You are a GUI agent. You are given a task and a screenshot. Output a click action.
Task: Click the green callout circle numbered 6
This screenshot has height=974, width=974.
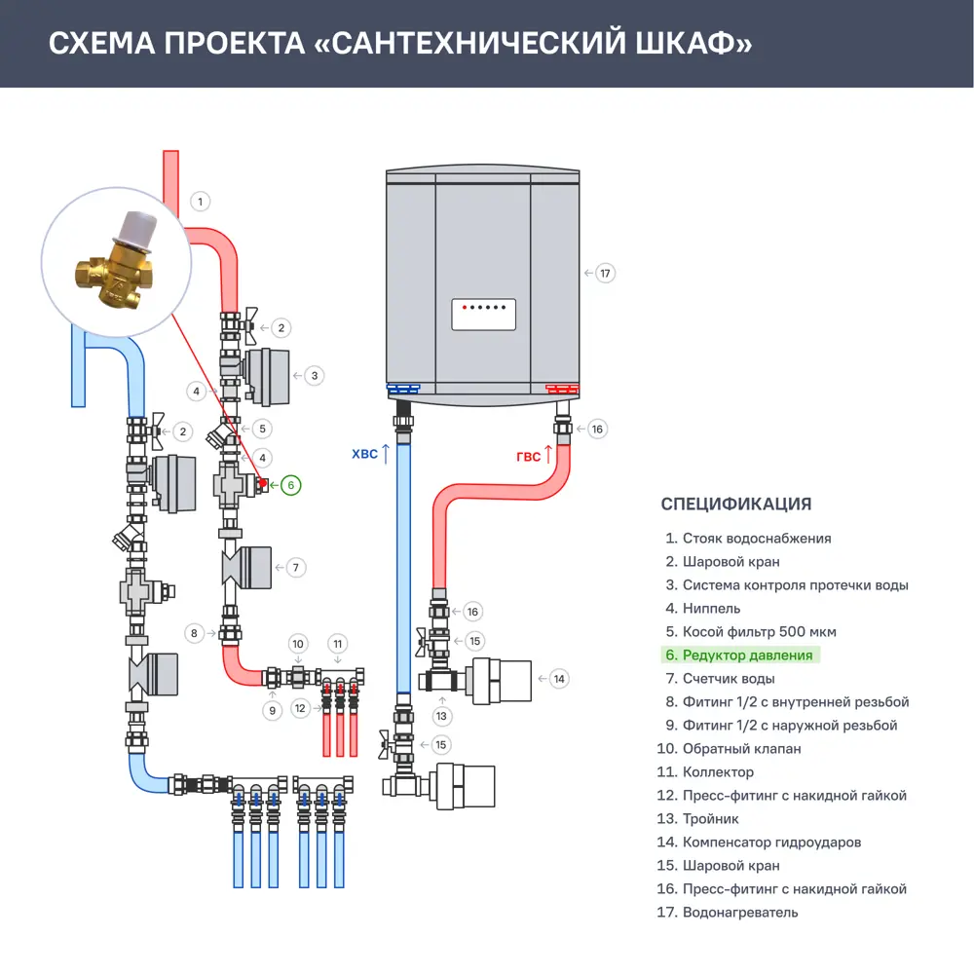pyautogui.click(x=291, y=484)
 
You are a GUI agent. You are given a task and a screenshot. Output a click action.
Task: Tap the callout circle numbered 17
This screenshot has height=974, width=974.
pyautogui.click(x=605, y=273)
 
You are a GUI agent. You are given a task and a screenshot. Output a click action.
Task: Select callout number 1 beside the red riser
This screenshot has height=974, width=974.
pyautogui.click(x=199, y=202)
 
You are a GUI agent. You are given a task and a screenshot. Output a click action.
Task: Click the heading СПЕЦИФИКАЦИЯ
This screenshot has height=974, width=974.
pyautogui.click(x=735, y=505)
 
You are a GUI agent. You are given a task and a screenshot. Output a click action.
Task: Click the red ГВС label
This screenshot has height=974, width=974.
pyautogui.click(x=529, y=456)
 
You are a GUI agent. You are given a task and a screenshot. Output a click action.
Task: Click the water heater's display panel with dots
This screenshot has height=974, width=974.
pyautogui.click(x=482, y=314)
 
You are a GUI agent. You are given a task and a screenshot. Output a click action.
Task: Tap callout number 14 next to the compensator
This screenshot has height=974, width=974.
pyautogui.click(x=558, y=678)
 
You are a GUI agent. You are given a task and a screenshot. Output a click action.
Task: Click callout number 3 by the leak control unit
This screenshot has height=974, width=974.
pyautogui.click(x=314, y=374)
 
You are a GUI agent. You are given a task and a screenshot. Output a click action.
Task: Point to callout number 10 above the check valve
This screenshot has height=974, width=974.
pyautogui.click(x=298, y=644)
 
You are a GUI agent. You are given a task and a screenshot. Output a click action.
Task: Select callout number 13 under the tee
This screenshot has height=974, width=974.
pyautogui.click(x=443, y=716)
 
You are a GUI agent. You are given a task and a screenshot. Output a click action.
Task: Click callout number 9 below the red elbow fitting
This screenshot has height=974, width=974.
pyautogui.click(x=273, y=711)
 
